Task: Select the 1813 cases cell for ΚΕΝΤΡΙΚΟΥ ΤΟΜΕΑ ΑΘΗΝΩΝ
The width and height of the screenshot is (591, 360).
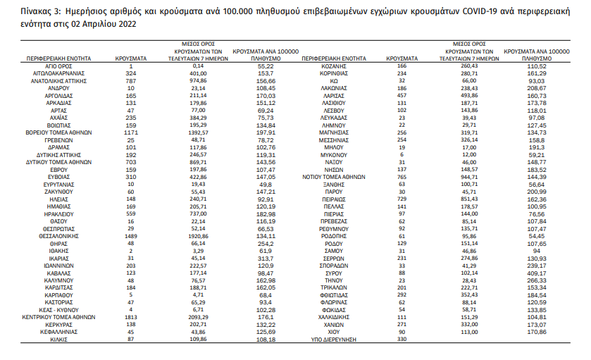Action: pos(130,317)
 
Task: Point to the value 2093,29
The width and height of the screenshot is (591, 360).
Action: pos(202,317)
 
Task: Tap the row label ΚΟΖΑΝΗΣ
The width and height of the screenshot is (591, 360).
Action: pos(335,65)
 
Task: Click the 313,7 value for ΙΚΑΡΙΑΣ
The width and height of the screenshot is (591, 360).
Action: pos(266,257)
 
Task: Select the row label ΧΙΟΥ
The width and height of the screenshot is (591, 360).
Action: pos(335,331)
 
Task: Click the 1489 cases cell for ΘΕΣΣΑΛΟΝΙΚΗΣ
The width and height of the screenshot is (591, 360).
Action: pos(130,235)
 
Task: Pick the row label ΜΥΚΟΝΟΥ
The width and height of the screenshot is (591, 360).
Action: pos(335,153)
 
